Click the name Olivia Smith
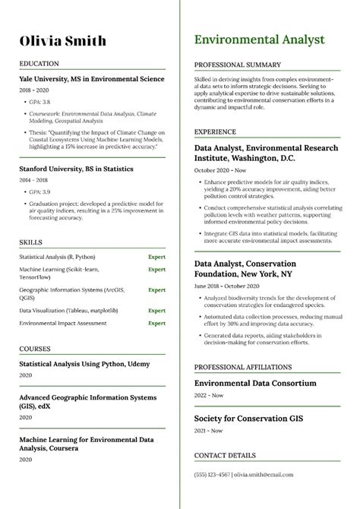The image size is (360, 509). click(x=62, y=41)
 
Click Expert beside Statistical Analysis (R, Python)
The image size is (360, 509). click(x=156, y=258)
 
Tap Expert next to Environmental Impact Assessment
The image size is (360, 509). click(x=156, y=323)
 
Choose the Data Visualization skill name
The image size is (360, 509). click(x=63, y=310)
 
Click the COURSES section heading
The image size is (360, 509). click(x=36, y=347)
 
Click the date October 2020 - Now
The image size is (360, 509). click(x=219, y=172)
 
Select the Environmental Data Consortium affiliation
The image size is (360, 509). click(x=255, y=383)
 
